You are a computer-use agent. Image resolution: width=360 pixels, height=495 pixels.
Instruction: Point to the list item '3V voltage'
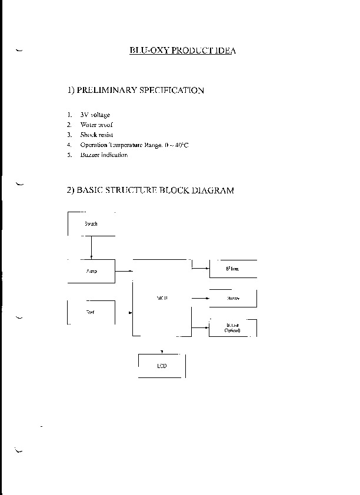click(x=95, y=115)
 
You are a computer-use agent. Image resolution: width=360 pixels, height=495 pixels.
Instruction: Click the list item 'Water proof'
click(x=96, y=125)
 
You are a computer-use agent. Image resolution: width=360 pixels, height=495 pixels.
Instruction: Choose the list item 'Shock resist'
click(x=96, y=135)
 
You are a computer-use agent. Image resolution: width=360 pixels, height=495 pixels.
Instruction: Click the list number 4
click(x=69, y=145)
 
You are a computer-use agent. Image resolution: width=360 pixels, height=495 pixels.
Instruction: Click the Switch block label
click(x=91, y=224)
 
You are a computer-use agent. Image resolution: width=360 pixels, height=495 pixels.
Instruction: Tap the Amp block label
click(x=91, y=271)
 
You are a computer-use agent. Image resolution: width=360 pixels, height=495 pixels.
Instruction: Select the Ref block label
click(x=90, y=312)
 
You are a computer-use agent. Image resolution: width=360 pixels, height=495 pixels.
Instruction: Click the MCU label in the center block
click(x=162, y=299)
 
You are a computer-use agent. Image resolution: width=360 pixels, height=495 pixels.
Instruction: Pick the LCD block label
click(x=162, y=366)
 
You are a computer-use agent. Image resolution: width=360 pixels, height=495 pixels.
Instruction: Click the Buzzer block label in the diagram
click(x=233, y=299)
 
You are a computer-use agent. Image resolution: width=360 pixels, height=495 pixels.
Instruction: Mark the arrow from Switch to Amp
click(x=91, y=247)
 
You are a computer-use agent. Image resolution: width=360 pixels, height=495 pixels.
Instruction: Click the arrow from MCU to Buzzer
click(x=201, y=299)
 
